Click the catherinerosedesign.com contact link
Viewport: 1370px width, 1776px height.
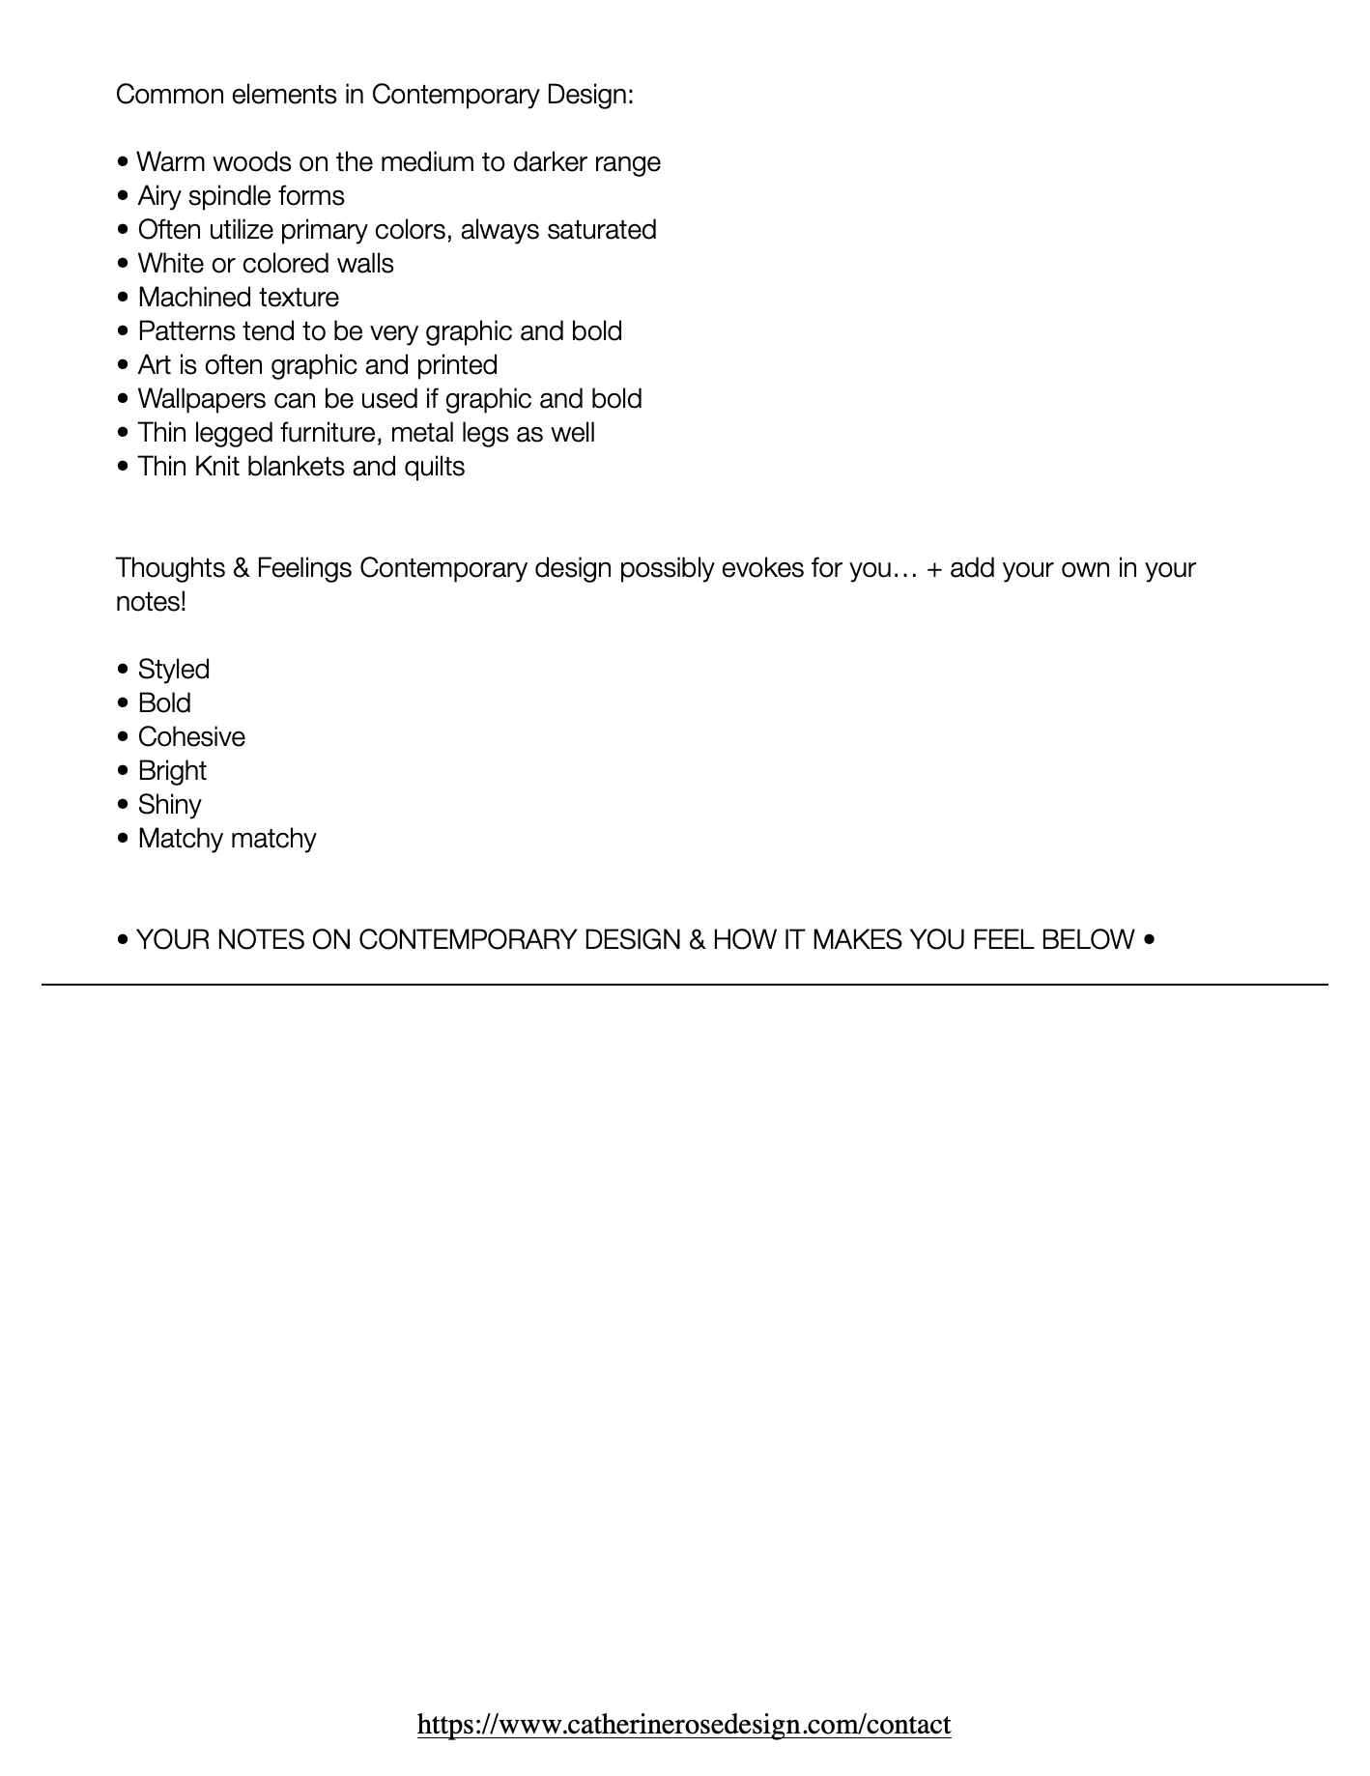tap(684, 1724)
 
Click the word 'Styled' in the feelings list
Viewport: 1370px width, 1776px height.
tap(173, 669)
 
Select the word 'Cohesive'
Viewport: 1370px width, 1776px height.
tap(191, 736)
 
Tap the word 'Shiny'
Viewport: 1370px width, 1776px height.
tap(169, 804)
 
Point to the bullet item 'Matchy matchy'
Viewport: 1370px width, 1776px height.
tap(226, 838)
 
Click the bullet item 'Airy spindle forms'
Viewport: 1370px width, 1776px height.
tap(241, 195)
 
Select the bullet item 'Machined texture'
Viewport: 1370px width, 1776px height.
tap(238, 297)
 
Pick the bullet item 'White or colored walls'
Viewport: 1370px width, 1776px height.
tap(266, 263)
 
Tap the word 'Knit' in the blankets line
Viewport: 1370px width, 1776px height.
tap(216, 466)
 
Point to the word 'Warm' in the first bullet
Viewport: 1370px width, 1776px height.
tap(169, 161)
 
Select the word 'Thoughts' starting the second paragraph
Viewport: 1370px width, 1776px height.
tap(170, 567)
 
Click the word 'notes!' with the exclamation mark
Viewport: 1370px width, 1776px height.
tap(151, 601)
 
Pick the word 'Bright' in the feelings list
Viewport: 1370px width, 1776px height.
tap(172, 770)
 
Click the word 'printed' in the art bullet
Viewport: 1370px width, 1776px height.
tap(457, 364)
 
